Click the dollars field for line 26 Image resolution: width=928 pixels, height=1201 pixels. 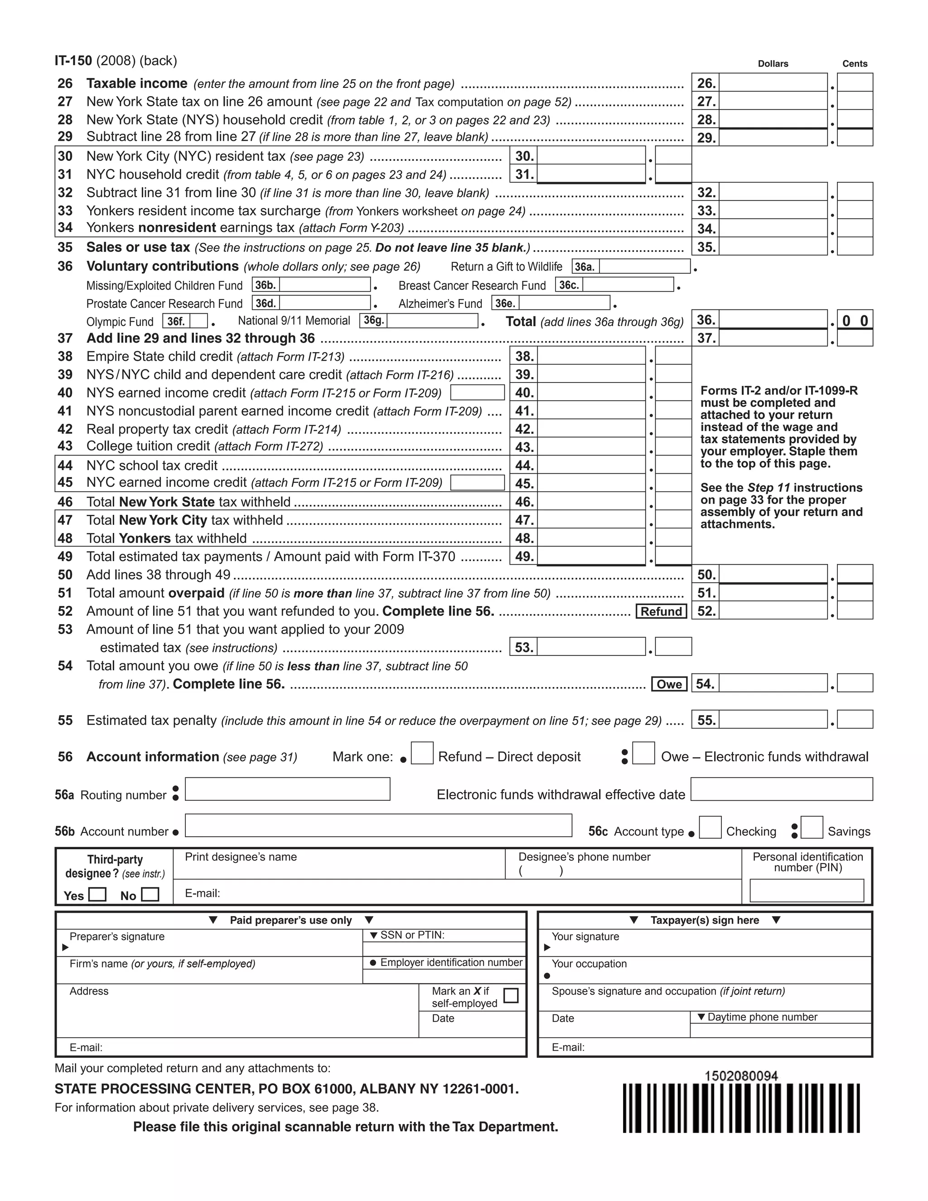point(773,82)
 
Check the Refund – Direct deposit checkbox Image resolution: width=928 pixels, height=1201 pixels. point(422,753)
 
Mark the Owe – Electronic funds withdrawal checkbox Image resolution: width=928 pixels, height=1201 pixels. point(643,753)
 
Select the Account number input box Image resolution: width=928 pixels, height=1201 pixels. point(378,825)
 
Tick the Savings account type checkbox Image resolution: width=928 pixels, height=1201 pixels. point(812,827)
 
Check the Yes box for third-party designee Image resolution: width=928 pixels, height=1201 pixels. point(97,894)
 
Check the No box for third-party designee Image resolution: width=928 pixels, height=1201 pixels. point(150,894)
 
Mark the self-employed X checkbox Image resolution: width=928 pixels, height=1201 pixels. point(511,995)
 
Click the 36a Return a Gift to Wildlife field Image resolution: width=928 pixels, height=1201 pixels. point(644,266)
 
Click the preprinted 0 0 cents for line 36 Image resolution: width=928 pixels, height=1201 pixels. point(855,320)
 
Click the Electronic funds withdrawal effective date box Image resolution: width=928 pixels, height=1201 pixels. point(781,789)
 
